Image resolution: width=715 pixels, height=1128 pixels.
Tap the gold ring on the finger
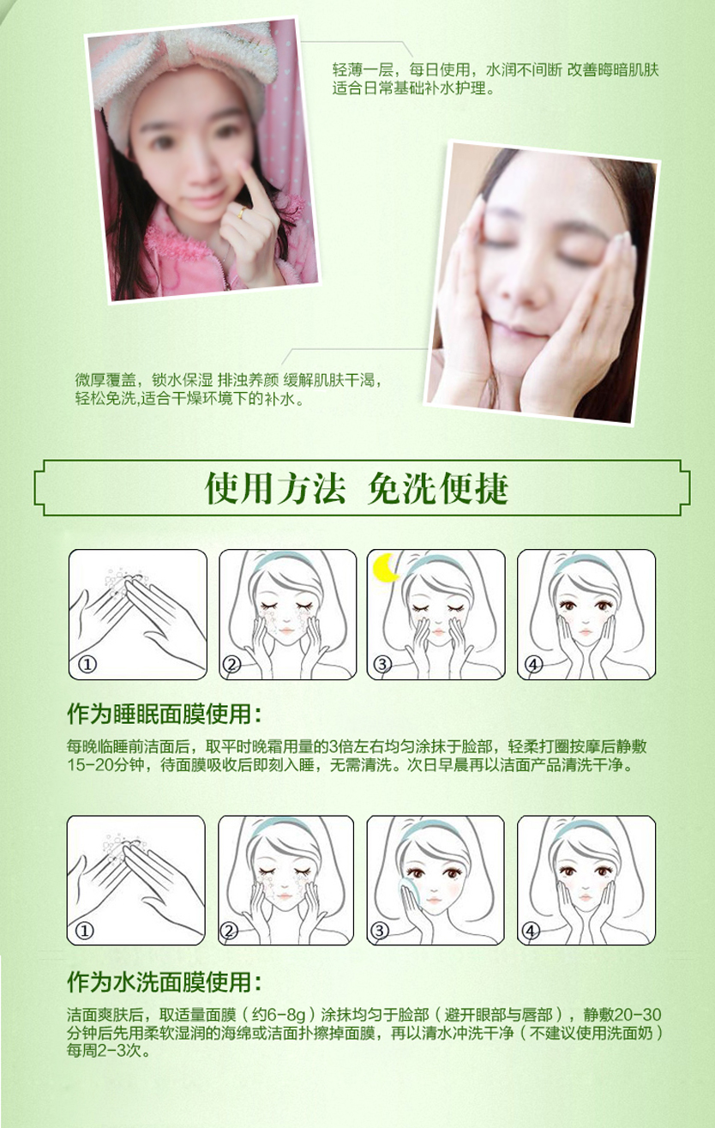(243, 213)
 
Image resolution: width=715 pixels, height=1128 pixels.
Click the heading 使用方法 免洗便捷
(357, 488)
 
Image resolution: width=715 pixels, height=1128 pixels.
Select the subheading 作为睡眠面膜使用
(165, 714)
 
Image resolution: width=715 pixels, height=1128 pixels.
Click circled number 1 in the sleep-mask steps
(87, 665)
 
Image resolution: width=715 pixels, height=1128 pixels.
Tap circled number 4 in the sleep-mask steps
(533, 665)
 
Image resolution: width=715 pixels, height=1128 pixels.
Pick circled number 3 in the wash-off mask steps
(380, 931)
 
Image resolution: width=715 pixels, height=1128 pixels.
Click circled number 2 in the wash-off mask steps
(229, 931)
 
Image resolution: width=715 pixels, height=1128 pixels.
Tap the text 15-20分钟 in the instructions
(106, 765)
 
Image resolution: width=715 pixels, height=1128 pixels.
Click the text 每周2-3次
(108, 1051)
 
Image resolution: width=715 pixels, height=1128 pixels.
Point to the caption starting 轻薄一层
(496, 79)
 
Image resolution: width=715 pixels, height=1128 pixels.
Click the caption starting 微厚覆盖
(228, 389)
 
